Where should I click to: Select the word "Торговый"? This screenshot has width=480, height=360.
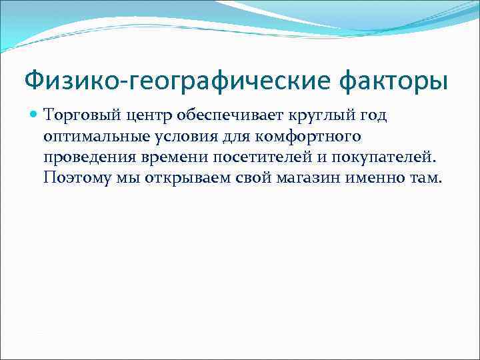click(72, 116)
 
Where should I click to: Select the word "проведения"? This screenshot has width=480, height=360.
click(83, 157)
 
